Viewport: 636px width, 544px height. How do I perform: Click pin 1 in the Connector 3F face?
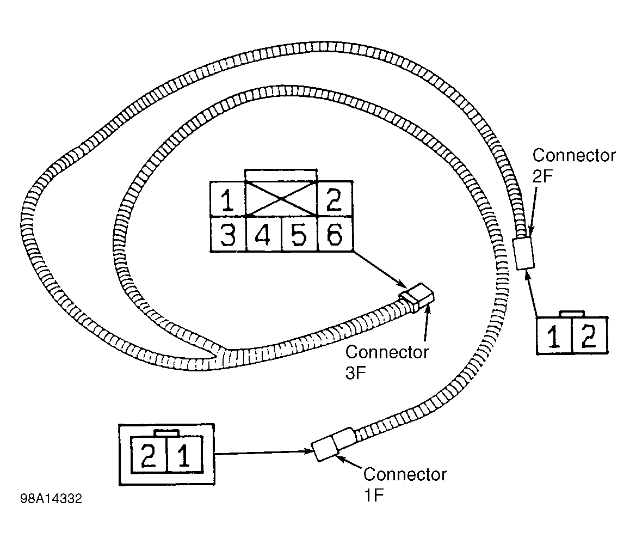(x=227, y=199)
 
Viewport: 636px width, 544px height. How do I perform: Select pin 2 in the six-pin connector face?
(x=335, y=199)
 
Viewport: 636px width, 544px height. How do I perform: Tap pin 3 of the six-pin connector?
(x=227, y=234)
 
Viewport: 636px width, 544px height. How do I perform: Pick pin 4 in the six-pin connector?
(x=263, y=234)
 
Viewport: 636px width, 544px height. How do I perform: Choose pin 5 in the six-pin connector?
(x=299, y=234)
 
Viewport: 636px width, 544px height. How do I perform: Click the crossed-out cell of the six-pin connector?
(x=281, y=199)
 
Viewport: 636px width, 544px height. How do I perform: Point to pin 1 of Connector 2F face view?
(x=554, y=336)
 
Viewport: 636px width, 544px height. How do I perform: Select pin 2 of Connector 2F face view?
(x=590, y=336)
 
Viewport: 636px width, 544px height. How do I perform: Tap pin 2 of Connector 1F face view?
(x=149, y=455)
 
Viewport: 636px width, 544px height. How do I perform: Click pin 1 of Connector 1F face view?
(x=184, y=455)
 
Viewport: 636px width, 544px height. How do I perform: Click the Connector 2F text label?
(x=573, y=165)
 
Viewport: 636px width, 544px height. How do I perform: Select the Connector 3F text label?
(x=386, y=362)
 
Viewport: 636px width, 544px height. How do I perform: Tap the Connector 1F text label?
(x=404, y=484)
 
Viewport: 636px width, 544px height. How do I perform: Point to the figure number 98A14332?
(x=51, y=499)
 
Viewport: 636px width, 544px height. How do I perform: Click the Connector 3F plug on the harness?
(x=418, y=297)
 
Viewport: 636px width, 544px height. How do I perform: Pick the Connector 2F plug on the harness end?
(x=524, y=253)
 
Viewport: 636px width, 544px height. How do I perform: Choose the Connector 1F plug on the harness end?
(x=332, y=444)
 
